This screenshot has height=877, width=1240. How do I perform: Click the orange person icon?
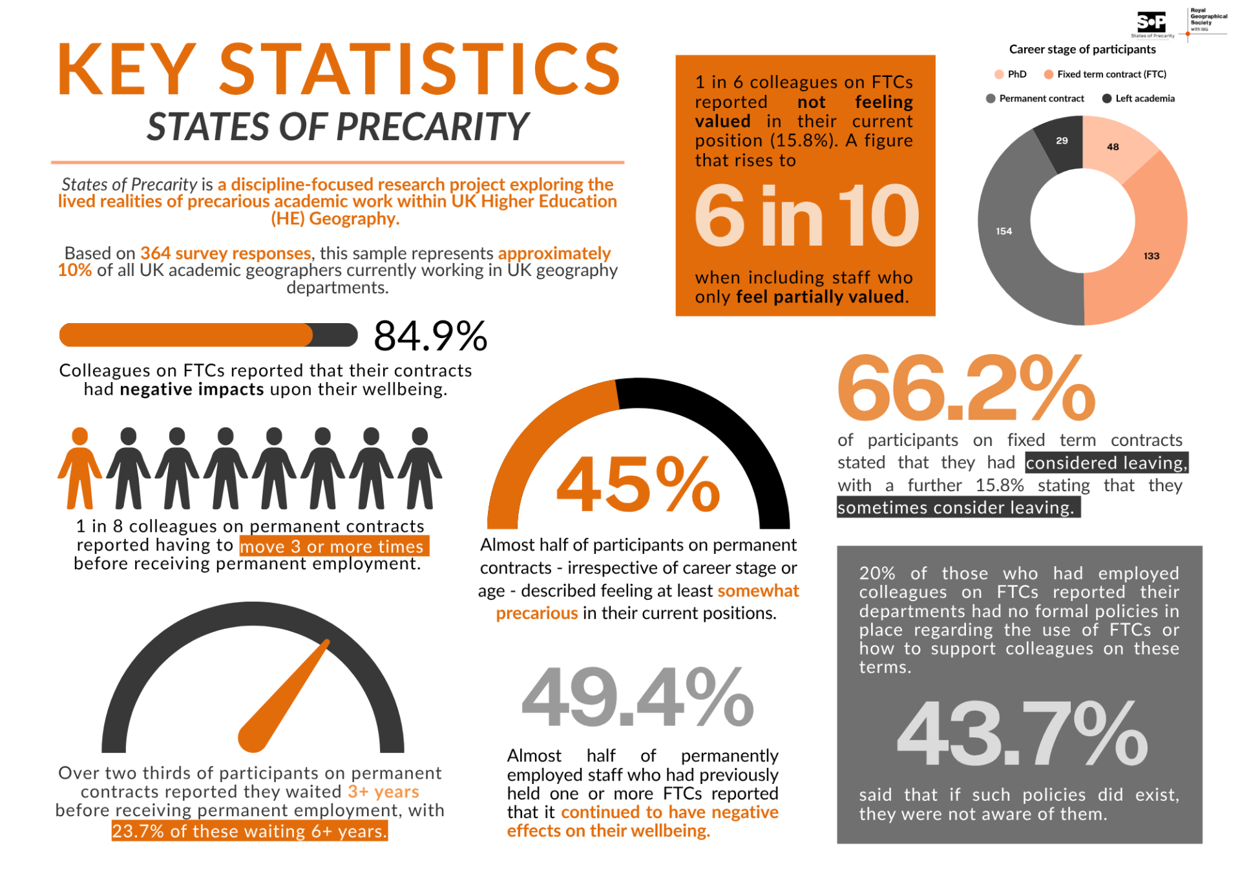coord(79,468)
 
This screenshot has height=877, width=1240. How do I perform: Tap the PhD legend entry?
coord(1011,74)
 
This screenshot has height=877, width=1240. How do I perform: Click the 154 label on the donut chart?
coord(1004,231)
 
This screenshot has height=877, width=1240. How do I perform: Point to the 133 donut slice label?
coord(1151,256)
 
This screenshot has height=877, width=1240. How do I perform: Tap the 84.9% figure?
coord(430,336)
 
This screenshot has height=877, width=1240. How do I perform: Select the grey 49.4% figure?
coord(637,699)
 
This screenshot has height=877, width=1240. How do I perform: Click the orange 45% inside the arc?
coord(638,484)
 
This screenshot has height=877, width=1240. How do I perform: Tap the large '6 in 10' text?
coord(806,216)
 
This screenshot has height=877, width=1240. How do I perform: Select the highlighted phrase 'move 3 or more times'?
coord(333,547)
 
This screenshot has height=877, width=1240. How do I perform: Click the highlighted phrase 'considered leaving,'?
coord(1106,463)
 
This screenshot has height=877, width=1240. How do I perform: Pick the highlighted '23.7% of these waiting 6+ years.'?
coord(249,831)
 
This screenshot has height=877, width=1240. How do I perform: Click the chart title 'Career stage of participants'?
coord(1082,50)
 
